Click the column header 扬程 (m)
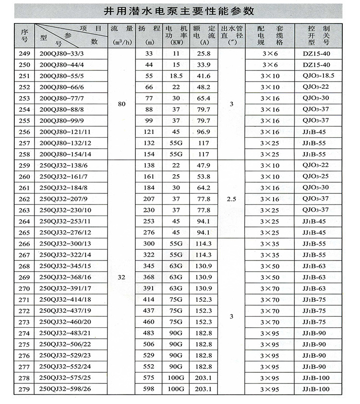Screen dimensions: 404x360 (x=148, y=35)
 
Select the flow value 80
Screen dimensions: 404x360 (x=121, y=104)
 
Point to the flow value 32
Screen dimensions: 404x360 (x=121, y=277)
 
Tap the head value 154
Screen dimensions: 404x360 (x=148, y=154)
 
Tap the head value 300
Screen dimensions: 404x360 (x=148, y=244)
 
